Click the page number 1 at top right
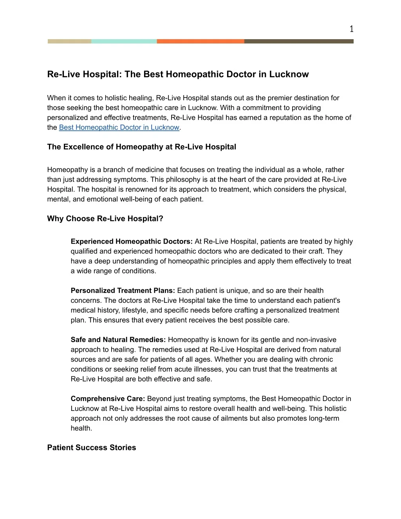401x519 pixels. pos(351,29)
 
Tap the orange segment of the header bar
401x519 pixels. pos(200,41)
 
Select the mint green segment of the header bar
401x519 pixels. pos(124,41)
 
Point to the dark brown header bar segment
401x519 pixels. pos(299,41)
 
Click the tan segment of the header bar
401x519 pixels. pos(69,41)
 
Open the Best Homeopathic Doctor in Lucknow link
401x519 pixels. pos(119,127)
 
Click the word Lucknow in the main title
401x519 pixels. pos(289,74)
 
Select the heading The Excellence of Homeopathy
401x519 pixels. pos(141,147)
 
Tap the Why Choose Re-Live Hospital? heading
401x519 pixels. pos(105,219)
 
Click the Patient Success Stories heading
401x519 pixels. pos(92,448)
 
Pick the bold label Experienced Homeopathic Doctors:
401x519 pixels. pos(132,242)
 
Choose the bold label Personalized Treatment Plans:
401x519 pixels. pos(123,291)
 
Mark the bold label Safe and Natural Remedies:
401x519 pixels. pos(118,340)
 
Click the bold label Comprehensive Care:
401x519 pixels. pos(108,399)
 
